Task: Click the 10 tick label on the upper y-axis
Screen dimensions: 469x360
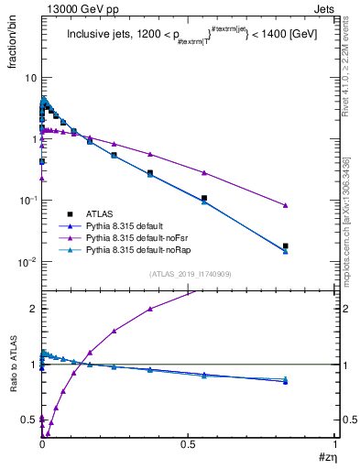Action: (28, 78)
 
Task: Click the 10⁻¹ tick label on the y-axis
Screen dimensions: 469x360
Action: (26, 200)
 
